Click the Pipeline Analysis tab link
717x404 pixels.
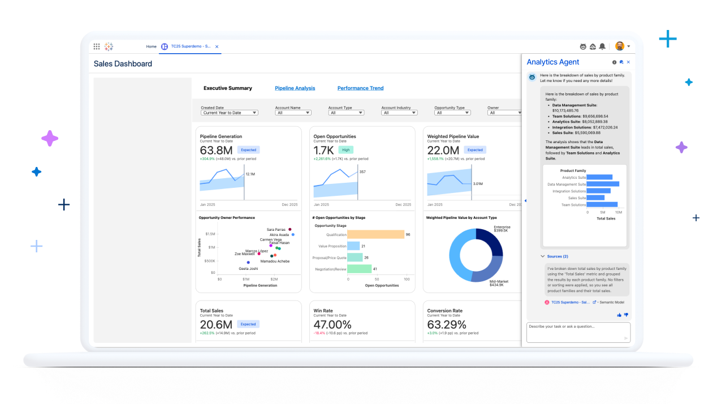(x=295, y=88)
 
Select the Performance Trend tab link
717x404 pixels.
(x=360, y=88)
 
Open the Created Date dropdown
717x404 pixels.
(x=230, y=113)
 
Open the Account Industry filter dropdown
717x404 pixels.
(x=399, y=113)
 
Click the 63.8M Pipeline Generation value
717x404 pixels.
(x=216, y=150)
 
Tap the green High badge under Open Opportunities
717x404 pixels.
(x=345, y=150)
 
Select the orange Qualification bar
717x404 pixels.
(x=375, y=234)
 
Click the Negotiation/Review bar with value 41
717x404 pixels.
(x=359, y=269)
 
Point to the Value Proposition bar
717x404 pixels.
(x=353, y=246)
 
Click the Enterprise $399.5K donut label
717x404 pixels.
(x=502, y=229)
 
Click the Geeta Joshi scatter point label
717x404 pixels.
(x=248, y=268)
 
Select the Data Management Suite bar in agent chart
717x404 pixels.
(x=603, y=184)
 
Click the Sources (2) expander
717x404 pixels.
(x=557, y=256)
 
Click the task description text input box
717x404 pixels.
(x=578, y=332)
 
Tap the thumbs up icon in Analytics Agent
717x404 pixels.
(x=619, y=315)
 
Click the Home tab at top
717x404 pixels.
(x=152, y=46)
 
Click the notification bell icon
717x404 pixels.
(x=602, y=46)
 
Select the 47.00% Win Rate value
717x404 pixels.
(x=332, y=324)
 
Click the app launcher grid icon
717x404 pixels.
(x=97, y=46)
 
